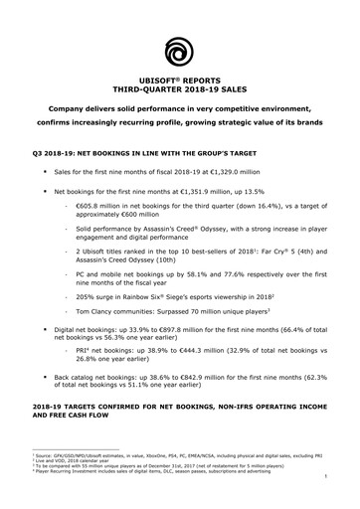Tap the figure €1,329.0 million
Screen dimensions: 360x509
[245, 172]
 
